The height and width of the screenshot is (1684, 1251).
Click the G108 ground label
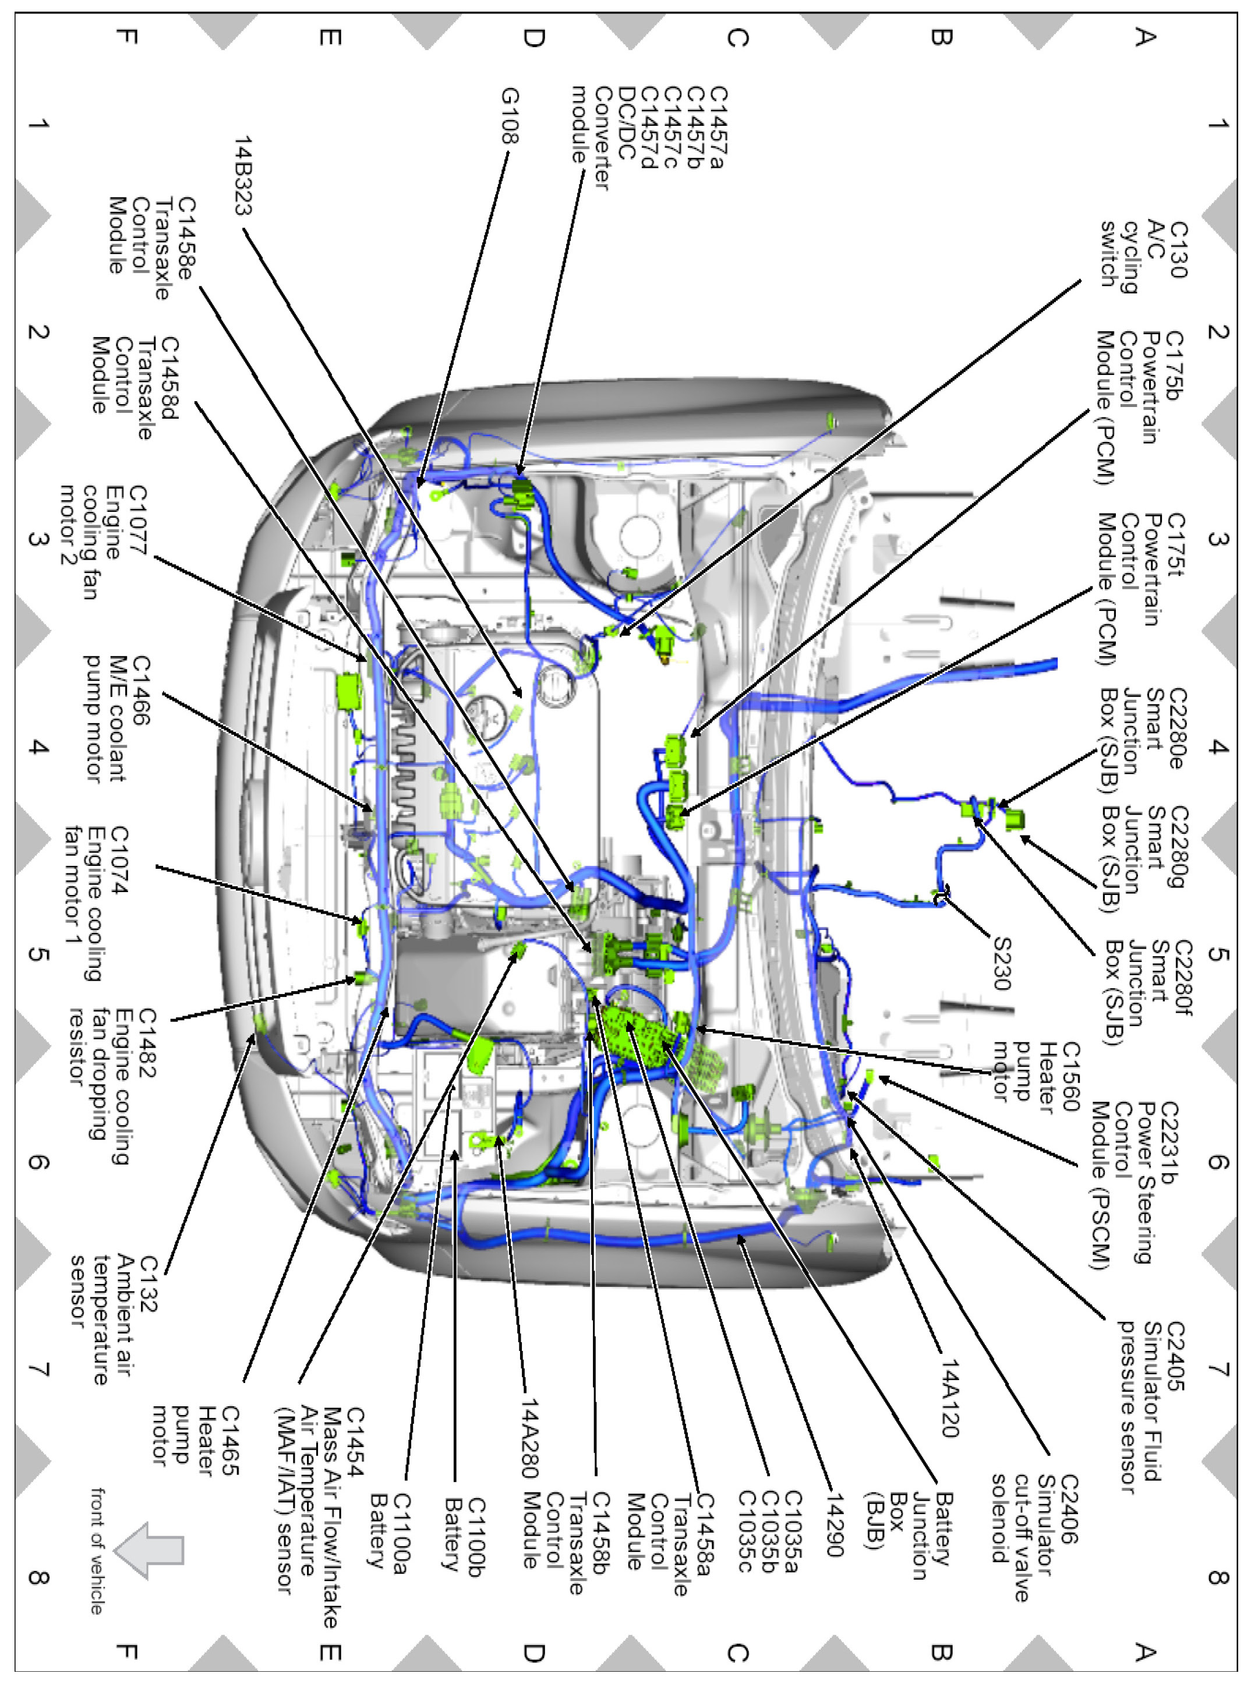point(510,116)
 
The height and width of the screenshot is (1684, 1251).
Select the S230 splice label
point(1001,963)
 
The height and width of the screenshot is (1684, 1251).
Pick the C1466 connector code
point(141,691)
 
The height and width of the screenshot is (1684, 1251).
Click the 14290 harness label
point(833,1525)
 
